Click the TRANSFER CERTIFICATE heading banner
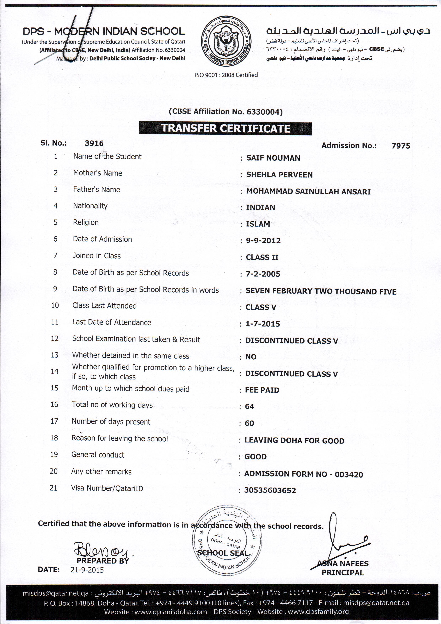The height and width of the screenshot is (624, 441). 225,128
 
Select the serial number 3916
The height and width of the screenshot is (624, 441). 94,143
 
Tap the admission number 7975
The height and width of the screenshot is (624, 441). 400,146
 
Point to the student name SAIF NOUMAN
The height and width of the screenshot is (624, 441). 273,158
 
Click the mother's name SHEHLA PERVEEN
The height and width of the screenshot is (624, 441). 279,175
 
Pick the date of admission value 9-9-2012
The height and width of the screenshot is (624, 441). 263,241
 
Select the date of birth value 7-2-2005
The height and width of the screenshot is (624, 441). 263,274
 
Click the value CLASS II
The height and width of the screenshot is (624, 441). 262,257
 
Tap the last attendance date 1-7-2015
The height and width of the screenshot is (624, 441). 263,324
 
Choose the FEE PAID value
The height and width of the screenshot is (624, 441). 262,390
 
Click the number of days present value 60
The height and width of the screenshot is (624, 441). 249,423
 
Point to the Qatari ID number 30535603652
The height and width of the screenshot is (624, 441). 270,491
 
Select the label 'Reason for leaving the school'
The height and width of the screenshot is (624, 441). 119,438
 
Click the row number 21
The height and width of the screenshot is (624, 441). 54,488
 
